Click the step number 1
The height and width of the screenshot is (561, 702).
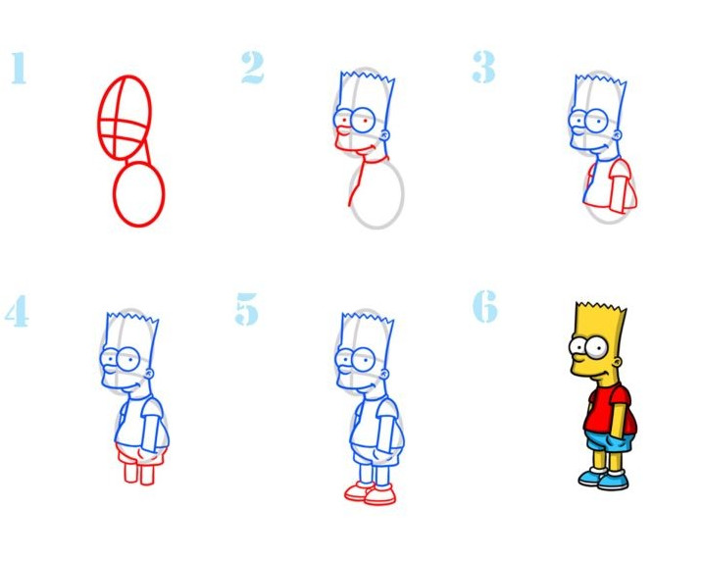(x=19, y=68)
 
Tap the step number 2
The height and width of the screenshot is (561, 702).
(x=253, y=68)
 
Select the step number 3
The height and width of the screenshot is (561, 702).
(x=484, y=67)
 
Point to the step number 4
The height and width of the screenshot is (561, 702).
(x=17, y=311)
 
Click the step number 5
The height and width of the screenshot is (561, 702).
(x=247, y=309)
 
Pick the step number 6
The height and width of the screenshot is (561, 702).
(x=485, y=306)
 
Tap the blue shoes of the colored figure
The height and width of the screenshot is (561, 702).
(x=604, y=480)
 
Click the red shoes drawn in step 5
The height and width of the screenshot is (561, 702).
(x=371, y=493)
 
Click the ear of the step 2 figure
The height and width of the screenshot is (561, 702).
(x=384, y=134)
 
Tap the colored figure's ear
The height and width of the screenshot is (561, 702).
(x=618, y=360)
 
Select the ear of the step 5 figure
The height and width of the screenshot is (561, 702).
(x=384, y=373)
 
